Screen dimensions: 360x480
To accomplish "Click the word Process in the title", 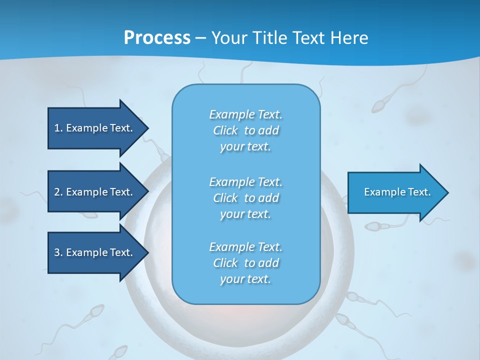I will coord(157,38).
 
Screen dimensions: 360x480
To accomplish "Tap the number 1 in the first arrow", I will coord(57,128).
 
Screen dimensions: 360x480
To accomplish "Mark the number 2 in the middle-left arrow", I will coord(57,192).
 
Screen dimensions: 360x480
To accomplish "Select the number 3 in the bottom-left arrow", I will coord(57,252).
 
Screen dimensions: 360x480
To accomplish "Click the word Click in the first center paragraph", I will coord(225,130).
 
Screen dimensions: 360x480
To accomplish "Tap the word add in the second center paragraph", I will coord(268,198).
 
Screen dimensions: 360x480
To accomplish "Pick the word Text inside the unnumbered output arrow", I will coord(419,192).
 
